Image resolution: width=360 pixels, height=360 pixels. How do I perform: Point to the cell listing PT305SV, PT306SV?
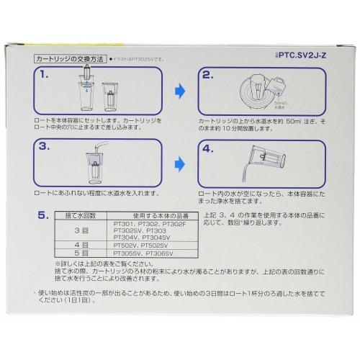(143, 253)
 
